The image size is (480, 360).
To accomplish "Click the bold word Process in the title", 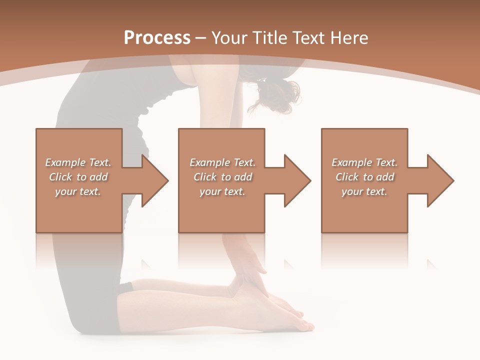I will tap(157, 38).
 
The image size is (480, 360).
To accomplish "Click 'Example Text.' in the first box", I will tap(78, 162).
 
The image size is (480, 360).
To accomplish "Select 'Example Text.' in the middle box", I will tap(222, 162).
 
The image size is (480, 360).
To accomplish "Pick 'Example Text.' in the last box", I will tap(364, 162).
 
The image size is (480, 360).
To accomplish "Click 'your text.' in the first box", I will tap(78, 191).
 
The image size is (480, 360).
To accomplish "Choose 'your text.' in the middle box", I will tap(222, 191).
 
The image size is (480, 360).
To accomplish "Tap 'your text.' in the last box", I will tap(364, 191).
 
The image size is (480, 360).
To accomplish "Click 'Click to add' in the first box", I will tap(78, 177).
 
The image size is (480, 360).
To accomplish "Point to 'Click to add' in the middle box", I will tap(222, 177).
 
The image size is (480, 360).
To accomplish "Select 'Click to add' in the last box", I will tap(364, 177).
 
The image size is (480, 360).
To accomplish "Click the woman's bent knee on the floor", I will tap(85, 320).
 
